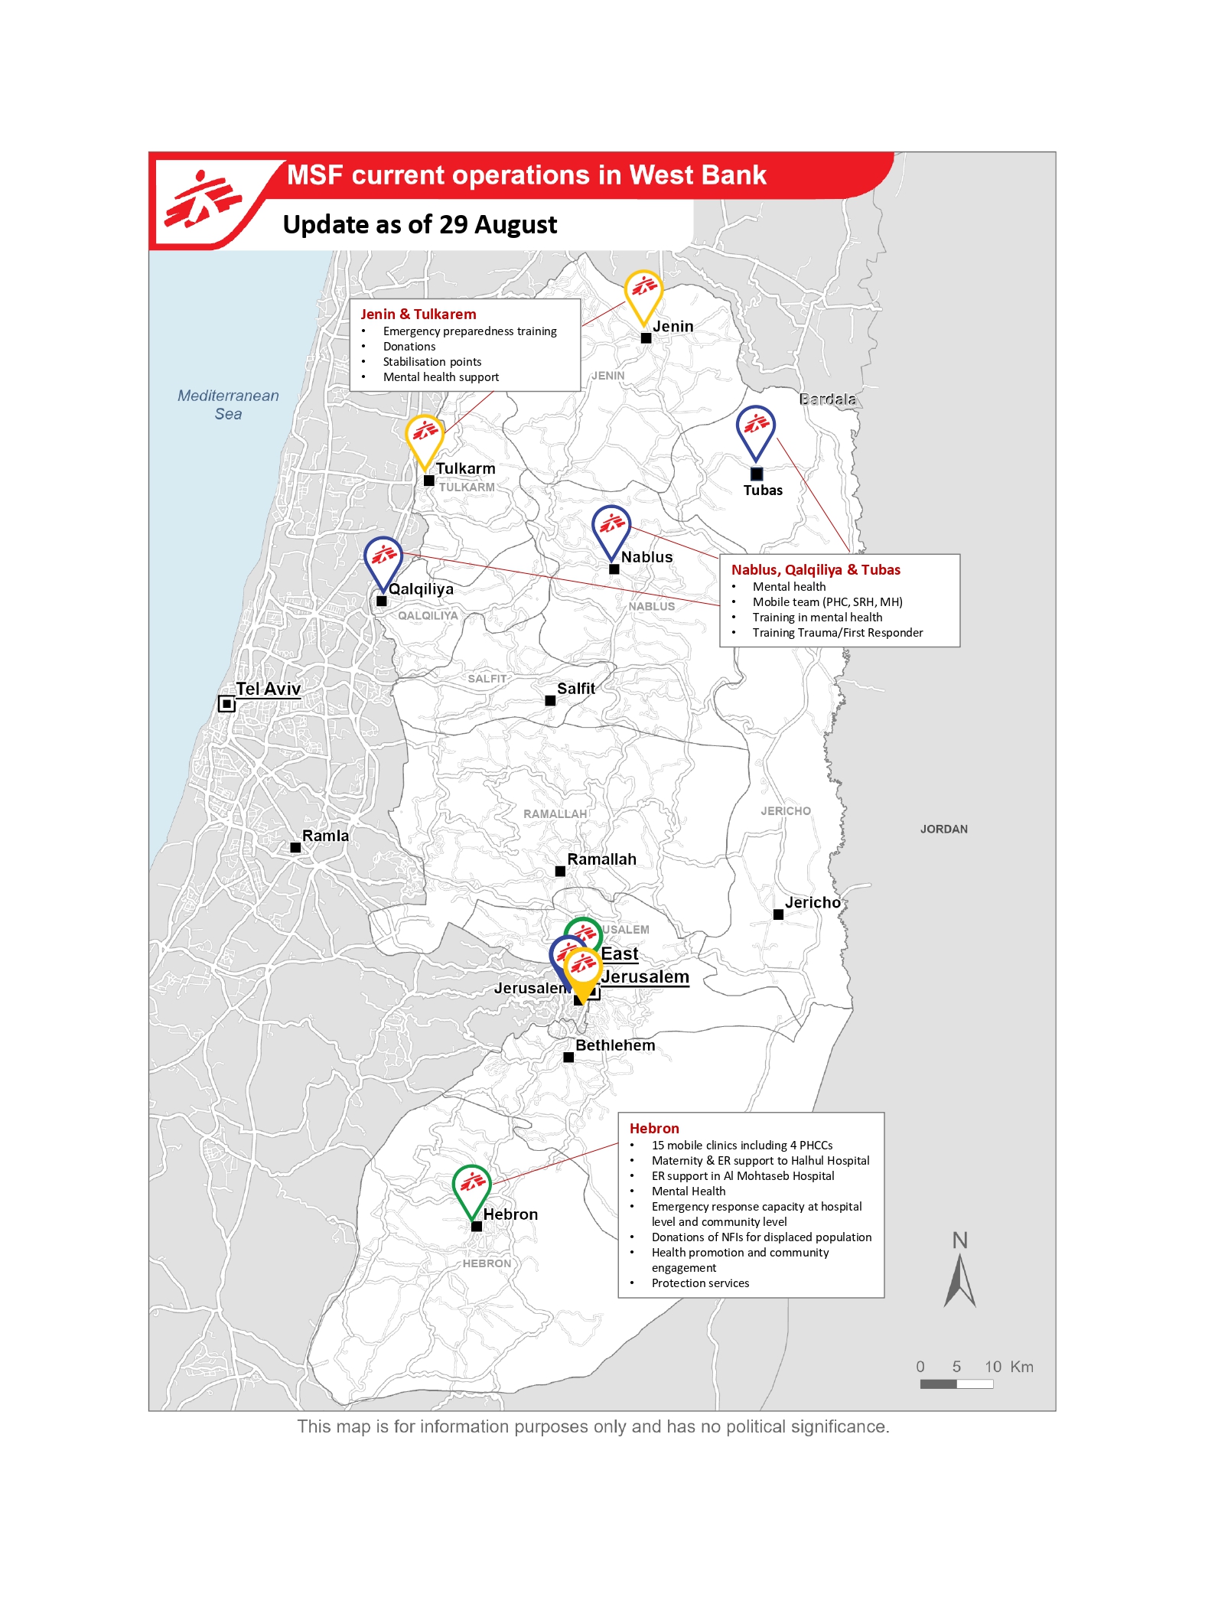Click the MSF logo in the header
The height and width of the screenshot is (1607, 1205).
202,200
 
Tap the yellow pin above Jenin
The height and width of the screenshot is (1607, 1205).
643,292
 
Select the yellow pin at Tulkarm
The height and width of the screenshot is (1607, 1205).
425,437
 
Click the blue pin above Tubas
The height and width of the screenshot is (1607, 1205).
756,429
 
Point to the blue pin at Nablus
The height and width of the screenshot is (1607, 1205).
611,528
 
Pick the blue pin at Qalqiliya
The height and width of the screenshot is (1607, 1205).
383,559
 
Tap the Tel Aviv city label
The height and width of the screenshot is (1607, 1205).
268,689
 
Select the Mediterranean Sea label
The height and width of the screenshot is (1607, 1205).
228,405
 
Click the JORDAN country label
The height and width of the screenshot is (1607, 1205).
943,829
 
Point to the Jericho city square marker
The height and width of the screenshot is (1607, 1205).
778,914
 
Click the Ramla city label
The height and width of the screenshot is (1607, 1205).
325,836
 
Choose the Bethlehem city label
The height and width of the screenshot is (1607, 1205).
615,1045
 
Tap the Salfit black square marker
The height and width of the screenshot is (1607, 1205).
550,700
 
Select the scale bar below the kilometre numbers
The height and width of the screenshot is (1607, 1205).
956,1384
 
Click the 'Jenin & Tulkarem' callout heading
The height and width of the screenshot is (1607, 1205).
418,315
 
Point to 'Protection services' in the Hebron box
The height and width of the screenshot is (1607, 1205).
700,1283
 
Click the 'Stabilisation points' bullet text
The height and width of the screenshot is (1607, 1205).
432,362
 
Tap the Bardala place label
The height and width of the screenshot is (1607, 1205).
827,399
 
